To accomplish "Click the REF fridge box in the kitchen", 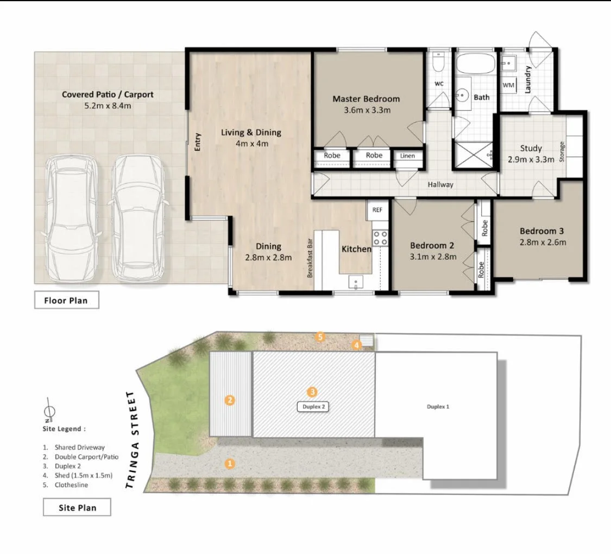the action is pyautogui.click(x=377, y=210).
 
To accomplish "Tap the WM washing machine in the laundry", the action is pyautogui.click(x=508, y=85).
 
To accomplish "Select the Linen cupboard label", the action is pyautogui.click(x=407, y=155).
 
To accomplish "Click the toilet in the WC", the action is pyautogui.click(x=438, y=63).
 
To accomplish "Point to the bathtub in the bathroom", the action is pyautogui.click(x=475, y=64).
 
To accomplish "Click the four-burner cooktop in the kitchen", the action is pyautogui.click(x=380, y=238).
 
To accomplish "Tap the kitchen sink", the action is pyautogui.click(x=355, y=282).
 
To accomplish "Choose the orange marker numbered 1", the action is pyautogui.click(x=230, y=464).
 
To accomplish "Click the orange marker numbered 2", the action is pyautogui.click(x=230, y=400).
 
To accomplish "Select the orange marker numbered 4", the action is pyautogui.click(x=356, y=345).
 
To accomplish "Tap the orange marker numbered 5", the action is pyautogui.click(x=320, y=337).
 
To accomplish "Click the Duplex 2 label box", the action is pyautogui.click(x=313, y=407).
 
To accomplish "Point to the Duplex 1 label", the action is pyautogui.click(x=438, y=407).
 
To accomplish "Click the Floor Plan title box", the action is pyautogui.click(x=67, y=300).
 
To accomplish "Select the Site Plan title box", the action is pyautogui.click(x=77, y=507).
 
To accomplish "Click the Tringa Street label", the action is pyautogui.click(x=132, y=440).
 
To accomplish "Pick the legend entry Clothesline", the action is pyautogui.click(x=67, y=485).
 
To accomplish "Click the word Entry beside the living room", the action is pyautogui.click(x=198, y=141).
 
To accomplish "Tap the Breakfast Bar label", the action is pyautogui.click(x=310, y=258).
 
